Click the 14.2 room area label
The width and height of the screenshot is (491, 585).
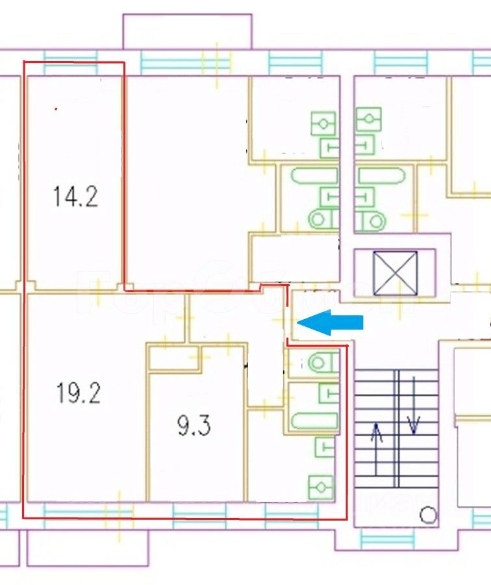75,196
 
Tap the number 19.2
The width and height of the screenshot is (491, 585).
78,393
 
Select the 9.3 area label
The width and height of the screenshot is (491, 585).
194,427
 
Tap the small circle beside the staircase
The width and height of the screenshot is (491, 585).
428,515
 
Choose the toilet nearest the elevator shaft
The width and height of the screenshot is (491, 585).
370,220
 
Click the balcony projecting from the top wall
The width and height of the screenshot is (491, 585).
187,31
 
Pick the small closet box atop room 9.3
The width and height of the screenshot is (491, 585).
173,359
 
